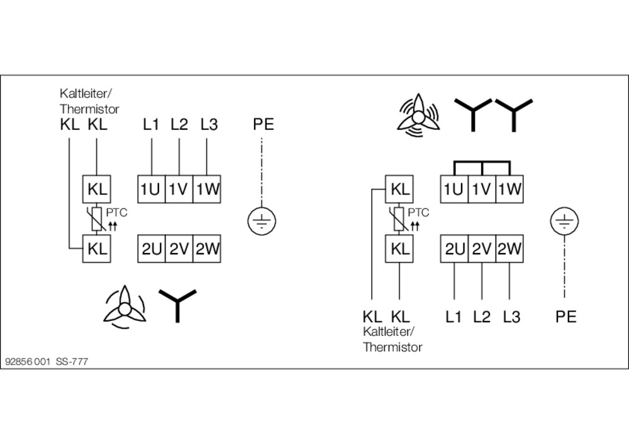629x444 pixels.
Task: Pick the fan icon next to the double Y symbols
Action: [417, 114]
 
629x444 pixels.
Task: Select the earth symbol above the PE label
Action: [564, 221]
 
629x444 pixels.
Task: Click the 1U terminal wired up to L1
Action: [151, 189]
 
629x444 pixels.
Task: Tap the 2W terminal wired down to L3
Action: [509, 249]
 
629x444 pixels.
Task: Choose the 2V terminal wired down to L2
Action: [482, 249]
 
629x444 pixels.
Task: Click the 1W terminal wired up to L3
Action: [206, 189]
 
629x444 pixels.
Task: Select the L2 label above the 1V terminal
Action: [179, 124]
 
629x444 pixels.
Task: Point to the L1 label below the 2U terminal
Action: [454, 317]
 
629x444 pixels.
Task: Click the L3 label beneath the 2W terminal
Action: [511, 317]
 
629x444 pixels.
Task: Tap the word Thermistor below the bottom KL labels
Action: [392, 347]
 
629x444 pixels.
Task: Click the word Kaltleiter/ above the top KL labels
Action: [86, 94]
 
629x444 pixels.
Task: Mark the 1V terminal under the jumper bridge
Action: [482, 189]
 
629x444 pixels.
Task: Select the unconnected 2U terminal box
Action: [151, 249]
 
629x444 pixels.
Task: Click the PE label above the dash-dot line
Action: [264, 124]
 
